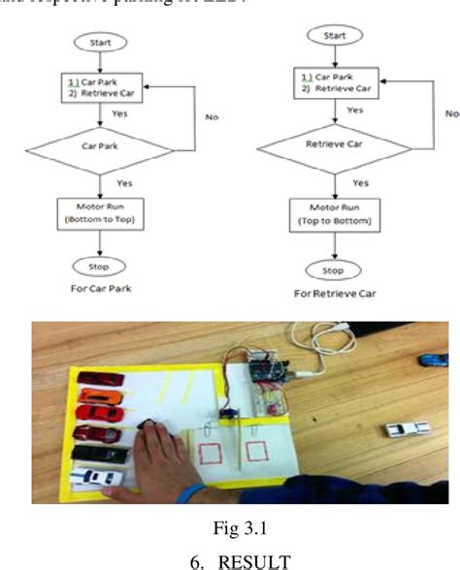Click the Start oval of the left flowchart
pyautogui.click(x=101, y=43)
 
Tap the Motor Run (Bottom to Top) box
pyautogui.click(x=101, y=211)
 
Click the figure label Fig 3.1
pyautogui.click(x=229, y=528)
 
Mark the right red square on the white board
pyautogui.click(x=255, y=450)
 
